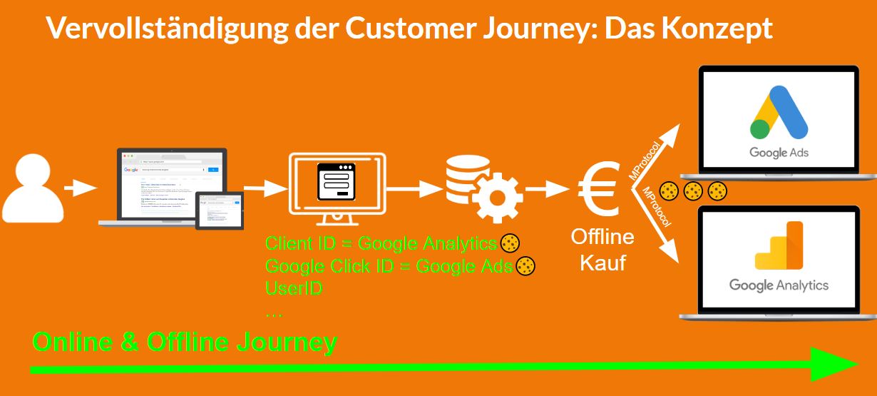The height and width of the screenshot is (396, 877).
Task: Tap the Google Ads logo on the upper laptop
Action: pyautogui.click(x=779, y=121)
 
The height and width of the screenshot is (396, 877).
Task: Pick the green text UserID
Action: pyautogui.click(x=294, y=289)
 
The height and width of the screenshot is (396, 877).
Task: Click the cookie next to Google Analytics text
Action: pyautogui.click(x=510, y=243)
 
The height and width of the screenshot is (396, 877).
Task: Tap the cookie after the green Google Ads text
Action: pyautogui.click(x=525, y=266)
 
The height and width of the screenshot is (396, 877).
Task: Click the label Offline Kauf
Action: pyautogui.click(x=602, y=250)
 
